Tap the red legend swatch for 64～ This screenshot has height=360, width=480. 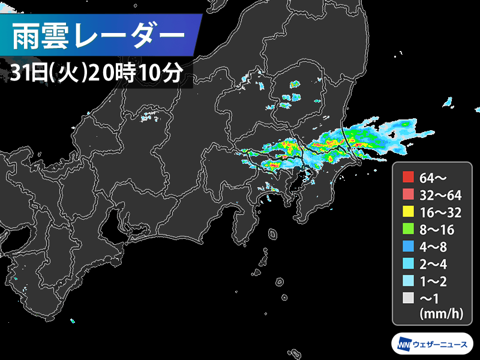point(409,177)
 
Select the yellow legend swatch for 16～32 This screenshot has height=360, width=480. point(409,211)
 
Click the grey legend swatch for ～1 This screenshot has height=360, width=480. point(409,296)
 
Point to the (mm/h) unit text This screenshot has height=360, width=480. point(440,313)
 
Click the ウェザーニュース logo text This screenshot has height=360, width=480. point(443,344)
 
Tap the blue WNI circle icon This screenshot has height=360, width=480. point(404,344)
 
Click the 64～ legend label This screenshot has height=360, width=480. point(431,177)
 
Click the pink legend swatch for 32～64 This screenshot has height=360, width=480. point(409,194)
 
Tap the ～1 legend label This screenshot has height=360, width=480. point(431,296)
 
